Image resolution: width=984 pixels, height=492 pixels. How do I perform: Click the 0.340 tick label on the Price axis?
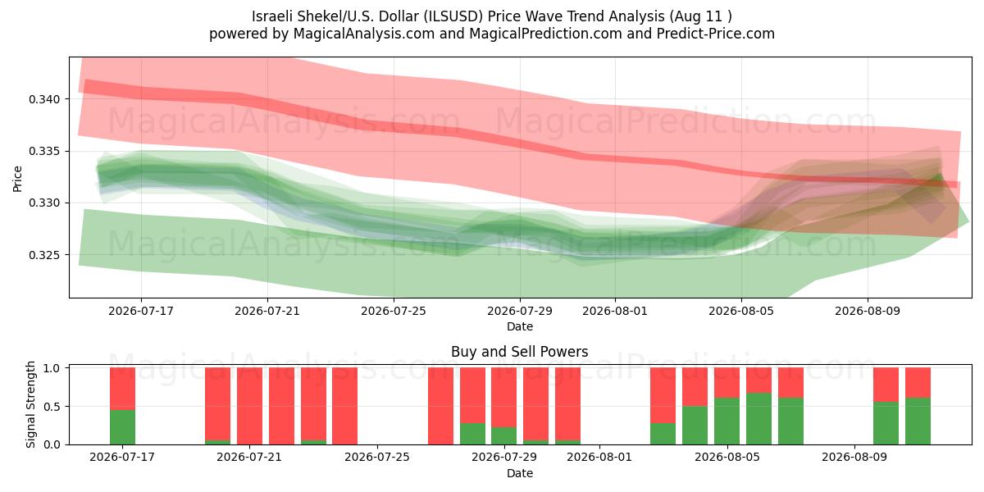(44, 99)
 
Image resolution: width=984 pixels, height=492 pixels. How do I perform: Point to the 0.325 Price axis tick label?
(44, 255)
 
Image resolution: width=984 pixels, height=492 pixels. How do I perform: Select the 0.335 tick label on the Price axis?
(44, 152)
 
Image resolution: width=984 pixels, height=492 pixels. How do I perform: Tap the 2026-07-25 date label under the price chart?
(394, 311)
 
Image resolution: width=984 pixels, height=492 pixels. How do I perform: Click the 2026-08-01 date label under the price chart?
(615, 311)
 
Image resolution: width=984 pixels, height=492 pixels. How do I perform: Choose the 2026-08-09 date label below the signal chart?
(854, 457)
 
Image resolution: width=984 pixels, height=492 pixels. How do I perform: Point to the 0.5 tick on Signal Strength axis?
(52, 407)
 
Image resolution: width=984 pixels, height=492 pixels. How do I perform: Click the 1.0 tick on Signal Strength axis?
(52, 368)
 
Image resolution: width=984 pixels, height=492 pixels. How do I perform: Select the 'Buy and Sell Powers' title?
(520, 352)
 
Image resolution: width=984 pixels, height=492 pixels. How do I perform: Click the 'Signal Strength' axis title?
(30, 404)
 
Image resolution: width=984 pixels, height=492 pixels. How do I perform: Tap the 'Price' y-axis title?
(17, 179)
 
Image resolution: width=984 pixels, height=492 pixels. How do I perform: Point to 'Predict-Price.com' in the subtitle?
(716, 34)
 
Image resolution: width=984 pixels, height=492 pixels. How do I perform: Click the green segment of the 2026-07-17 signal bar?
(122, 427)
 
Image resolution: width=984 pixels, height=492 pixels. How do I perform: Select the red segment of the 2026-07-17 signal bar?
(122, 389)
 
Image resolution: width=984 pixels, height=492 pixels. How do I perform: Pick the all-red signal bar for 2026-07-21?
(249, 407)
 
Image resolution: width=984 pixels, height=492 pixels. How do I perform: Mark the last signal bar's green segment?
(918, 421)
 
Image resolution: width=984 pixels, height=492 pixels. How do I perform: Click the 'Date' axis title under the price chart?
(520, 326)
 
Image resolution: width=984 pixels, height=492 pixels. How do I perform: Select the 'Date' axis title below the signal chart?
(520, 473)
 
